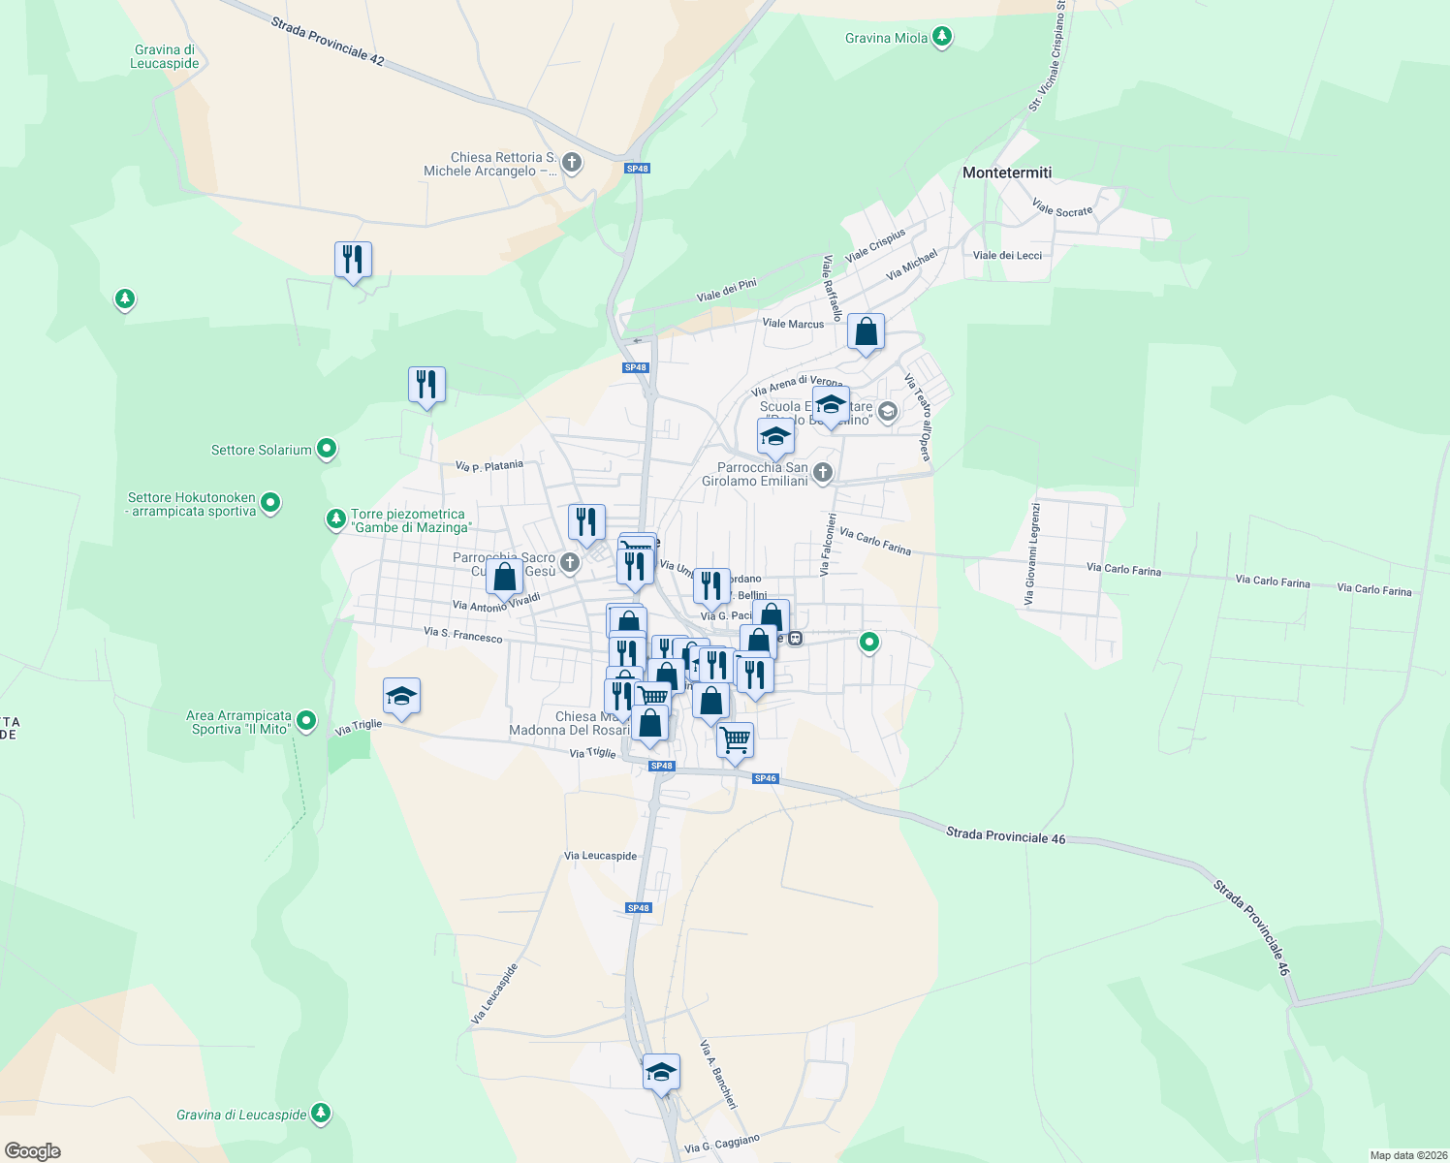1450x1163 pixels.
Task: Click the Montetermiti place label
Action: [x=1006, y=173]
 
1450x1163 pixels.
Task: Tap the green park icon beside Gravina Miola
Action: [x=941, y=38]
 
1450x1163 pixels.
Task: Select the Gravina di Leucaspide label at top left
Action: [x=165, y=56]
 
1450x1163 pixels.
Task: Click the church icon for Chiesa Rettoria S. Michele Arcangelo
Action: [x=572, y=163]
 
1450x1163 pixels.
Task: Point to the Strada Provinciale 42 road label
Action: [x=328, y=42]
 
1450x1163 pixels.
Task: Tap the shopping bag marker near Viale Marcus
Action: [x=866, y=332]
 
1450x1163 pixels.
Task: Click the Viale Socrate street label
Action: [x=1062, y=208]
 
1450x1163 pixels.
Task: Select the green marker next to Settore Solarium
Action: [x=327, y=449]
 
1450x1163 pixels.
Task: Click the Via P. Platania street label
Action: [x=489, y=466]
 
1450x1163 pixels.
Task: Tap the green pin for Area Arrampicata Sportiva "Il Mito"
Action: [x=306, y=720]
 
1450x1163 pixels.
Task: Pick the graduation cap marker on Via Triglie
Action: [x=401, y=696]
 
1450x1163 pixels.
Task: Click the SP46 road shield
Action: [x=765, y=778]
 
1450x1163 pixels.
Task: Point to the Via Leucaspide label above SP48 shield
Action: [x=601, y=856]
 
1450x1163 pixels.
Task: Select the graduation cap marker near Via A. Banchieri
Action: [x=661, y=1073]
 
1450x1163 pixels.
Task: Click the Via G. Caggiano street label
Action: [x=722, y=1143]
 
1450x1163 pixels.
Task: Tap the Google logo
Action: [x=33, y=1151]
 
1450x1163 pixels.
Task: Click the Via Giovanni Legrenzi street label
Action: [x=1034, y=553]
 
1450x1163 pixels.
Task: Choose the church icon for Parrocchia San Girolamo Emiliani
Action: [x=822, y=473]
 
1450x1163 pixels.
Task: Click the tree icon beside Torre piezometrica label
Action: [x=336, y=519]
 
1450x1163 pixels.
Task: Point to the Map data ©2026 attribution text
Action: [x=1407, y=1155]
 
